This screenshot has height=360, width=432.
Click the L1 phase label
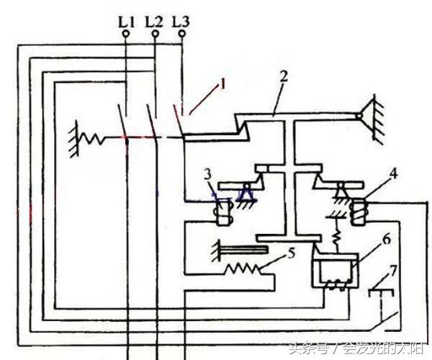pos(126,22)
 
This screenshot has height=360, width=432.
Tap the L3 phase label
pos(182,22)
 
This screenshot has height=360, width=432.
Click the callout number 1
pos(222,84)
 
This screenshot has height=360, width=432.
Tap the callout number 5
pos(290,252)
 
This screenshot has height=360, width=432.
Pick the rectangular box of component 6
pos(332,272)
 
